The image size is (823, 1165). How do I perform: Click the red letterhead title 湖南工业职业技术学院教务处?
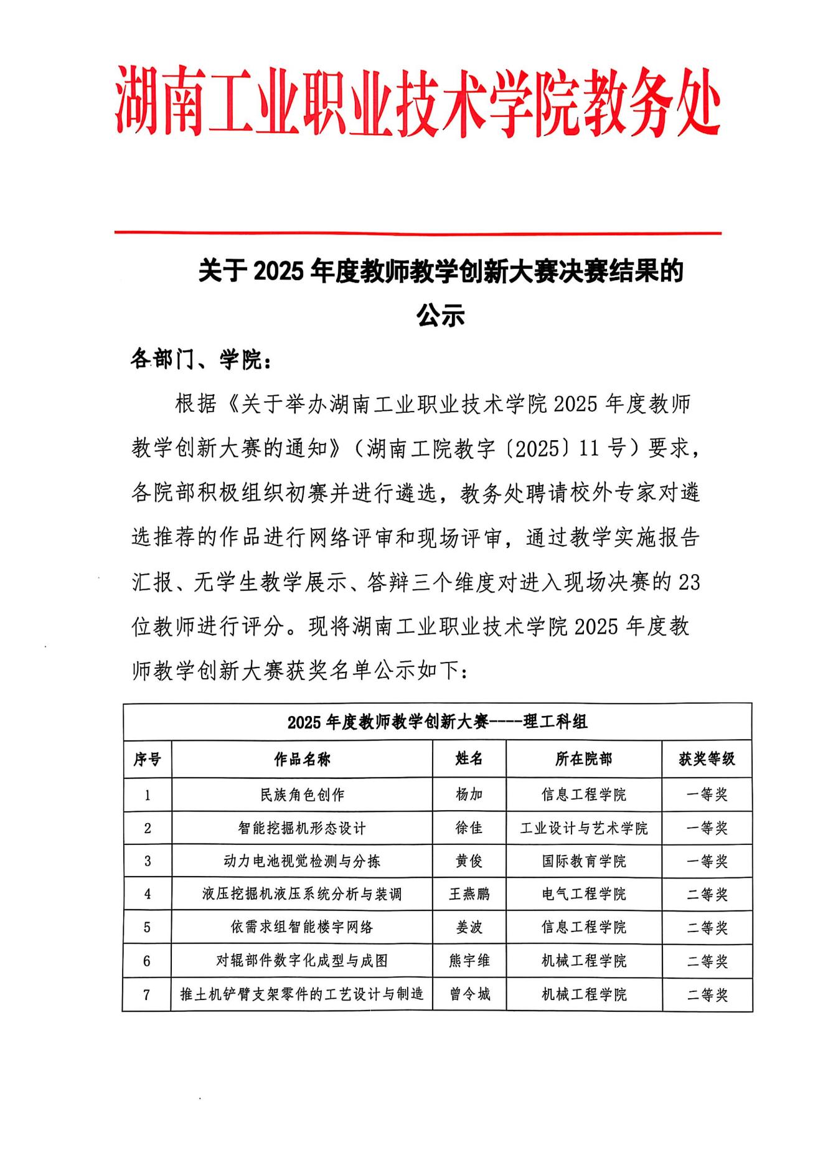(x=417, y=103)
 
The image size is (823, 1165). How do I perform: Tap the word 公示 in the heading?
(x=441, y=316)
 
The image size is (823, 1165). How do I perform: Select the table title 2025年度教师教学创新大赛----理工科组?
(x=437, y=722)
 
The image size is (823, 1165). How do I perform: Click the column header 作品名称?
(x=302, y=759)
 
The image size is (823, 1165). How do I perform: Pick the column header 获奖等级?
(x=707, y=759)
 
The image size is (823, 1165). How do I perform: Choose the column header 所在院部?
(x=583, y=759)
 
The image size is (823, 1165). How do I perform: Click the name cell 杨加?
(x=469, y=795)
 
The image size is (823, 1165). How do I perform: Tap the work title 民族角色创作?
(x=302, y=795)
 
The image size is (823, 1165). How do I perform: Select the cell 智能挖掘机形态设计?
(x=302, y=828)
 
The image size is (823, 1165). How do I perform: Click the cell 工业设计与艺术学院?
(x=583, y=828)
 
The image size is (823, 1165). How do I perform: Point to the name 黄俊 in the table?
(x=469, y=861)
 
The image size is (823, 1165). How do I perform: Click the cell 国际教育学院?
(x=583, y=861)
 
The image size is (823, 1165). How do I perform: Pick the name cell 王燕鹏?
(x=469, y=894)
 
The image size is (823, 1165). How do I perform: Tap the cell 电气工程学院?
(x=583, y=894)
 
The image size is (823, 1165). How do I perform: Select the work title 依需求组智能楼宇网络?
(x=302, y=927)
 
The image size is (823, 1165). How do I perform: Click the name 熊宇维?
(x=469, y=961)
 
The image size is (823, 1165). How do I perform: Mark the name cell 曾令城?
(x=469, y=994)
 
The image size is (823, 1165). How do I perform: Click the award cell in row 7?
(x=707, y=994)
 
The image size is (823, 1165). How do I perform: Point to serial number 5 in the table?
(x=147, y=927)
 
